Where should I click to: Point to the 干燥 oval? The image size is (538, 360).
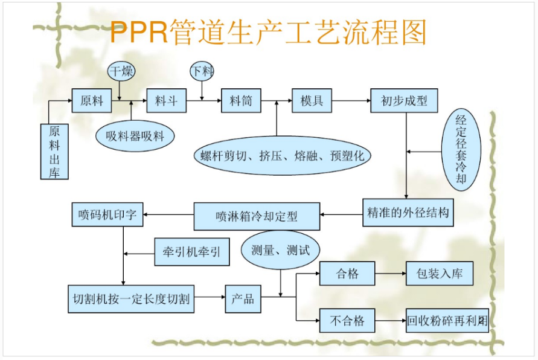point(121,71)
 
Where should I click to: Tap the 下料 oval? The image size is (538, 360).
point(202,71)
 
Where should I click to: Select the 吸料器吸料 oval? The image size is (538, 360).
point(135,137)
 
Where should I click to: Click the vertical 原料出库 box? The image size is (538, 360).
point(54,151)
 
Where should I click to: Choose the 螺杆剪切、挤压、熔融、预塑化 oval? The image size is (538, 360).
point(282,155)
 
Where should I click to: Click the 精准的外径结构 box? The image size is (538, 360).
point(408,213)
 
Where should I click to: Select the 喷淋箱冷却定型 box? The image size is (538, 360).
point(257,216)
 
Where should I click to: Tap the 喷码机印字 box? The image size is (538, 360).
point(107,214)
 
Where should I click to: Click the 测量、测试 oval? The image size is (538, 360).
point(280,249)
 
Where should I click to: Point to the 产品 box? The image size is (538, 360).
point(243,298)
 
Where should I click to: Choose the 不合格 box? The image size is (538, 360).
point(347,321)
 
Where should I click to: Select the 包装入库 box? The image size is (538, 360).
point(439,274)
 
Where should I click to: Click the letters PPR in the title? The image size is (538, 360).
point(139,33)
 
